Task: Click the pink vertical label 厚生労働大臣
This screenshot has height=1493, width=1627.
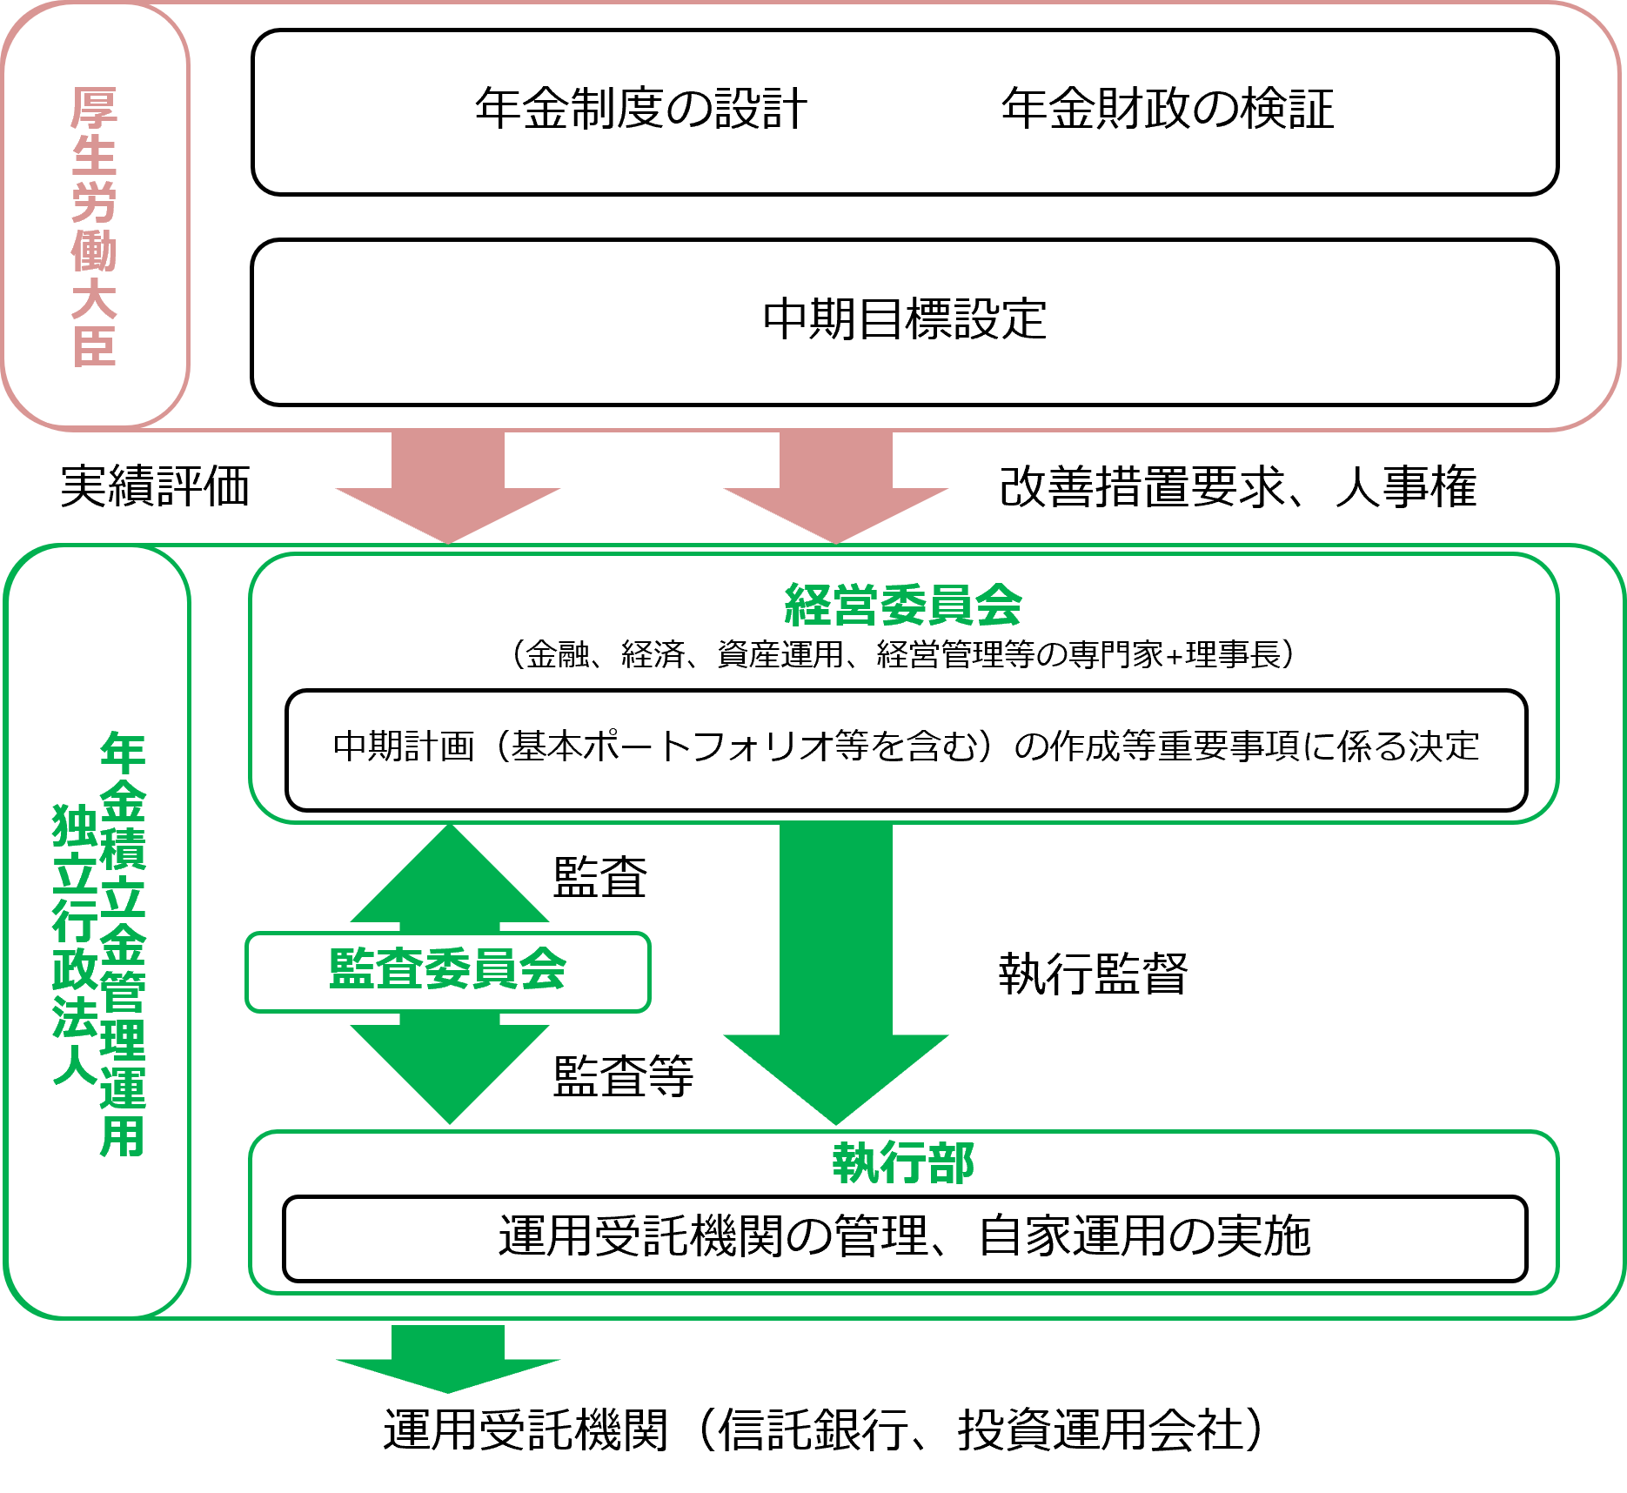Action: (x=94, y=226)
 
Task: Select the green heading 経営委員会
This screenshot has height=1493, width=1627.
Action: (x=902, y=605)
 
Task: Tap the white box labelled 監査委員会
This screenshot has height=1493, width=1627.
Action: (x=448, y=971)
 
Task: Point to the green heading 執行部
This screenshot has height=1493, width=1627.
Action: (x=902, y=1162)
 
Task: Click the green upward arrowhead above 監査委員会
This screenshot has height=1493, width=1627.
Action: (x=450, y=879)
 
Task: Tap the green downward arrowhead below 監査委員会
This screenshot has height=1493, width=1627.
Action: (x=450, y=1070)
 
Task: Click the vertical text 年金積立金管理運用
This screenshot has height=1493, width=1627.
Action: (x=123, y=944)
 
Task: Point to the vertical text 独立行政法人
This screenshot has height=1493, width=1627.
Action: (x=75, y=944)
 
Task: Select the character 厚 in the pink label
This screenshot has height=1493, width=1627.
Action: (x=94, y=109)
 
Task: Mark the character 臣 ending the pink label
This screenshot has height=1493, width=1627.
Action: (x=94, y=346)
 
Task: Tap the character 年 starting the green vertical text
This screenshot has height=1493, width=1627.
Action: (x=123, y=753)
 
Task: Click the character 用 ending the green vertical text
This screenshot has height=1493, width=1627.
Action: (x=123, y=1135)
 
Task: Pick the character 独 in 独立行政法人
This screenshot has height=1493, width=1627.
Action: (x=75, y=825)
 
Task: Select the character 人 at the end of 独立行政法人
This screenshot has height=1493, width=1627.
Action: (x=75, y=1063)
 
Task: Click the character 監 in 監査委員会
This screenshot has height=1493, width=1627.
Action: (x=352, y=969)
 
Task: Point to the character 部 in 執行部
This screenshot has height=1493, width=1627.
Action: (x=951, y=1162)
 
